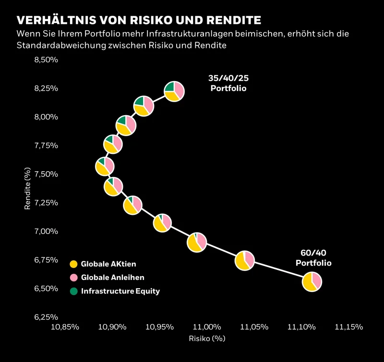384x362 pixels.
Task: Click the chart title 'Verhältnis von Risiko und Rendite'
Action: (x=139, y=20)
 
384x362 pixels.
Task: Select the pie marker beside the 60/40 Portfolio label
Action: (x=312, y=281)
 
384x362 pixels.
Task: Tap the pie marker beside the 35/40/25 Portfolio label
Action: (x=174, y=90)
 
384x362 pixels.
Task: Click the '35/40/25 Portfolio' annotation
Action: (x=228, y=83)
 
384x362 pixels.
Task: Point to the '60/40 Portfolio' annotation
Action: (x=313, y=258)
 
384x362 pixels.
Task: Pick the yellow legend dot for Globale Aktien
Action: (x=73, y=264)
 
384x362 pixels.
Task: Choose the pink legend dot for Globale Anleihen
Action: (x=73, y=278)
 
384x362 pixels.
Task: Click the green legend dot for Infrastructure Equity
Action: (x=73, y=291)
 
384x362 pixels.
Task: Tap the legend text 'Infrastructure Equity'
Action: (x=120, y=291)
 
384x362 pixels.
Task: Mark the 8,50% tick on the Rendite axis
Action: (x=47, y=60)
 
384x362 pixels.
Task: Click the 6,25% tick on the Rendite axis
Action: (x=47, y=317)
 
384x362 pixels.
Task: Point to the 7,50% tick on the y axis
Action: (x=47, y=174)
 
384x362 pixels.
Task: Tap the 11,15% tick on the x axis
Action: (x=349, y=327)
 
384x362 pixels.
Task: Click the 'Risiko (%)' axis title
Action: (x=207, y=338)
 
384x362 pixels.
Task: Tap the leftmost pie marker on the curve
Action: (x=104, y=166)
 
